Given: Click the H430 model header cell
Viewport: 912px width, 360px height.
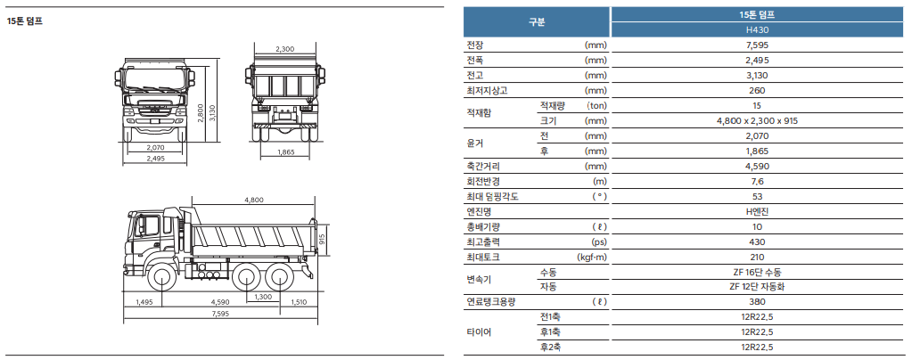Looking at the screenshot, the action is (x=757, y=29).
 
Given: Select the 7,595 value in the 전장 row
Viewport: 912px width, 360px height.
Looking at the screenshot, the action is (x=757, y=45).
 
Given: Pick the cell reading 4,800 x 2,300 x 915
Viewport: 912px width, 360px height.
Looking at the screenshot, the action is (x=757, y=121).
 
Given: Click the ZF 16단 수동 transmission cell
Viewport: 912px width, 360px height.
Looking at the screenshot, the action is (x=757, y=272).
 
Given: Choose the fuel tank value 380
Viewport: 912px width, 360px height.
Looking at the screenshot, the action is (x=757, y=302).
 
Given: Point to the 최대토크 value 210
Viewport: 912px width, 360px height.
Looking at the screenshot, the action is (x=757, y=257).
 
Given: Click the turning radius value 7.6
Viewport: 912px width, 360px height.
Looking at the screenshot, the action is (x=757, y=182).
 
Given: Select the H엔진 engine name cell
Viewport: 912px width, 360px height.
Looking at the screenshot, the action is (x=757, y=212).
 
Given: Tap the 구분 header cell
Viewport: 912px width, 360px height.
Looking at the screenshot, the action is (x=537, y=22).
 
